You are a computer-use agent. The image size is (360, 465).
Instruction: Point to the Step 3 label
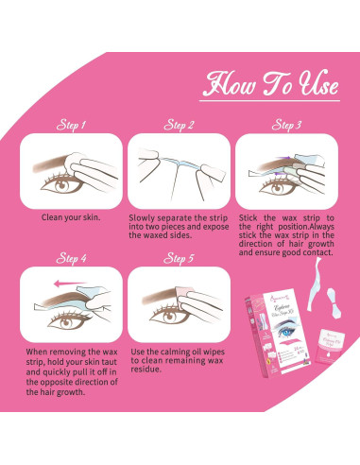click(286, 124)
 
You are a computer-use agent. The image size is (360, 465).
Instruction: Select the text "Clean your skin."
click(71, 216)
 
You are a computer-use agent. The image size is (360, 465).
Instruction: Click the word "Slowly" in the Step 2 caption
click(142, 216)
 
